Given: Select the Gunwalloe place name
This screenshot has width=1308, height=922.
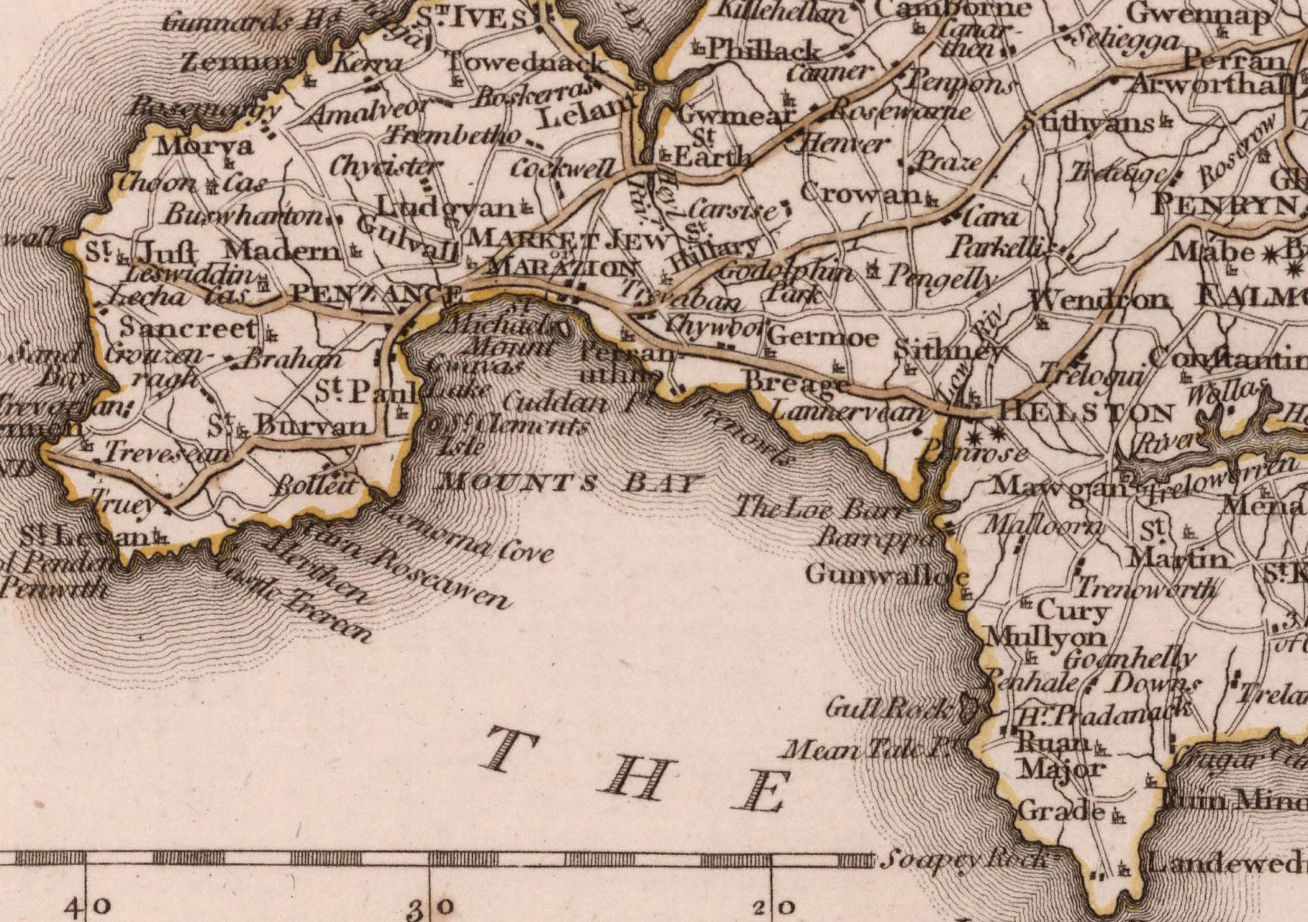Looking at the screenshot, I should pyautogui.click(x=886, y=576).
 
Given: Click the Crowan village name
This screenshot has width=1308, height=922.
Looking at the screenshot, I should pyautogui.click(x=861, y=194).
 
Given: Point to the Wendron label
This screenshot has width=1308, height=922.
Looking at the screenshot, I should pyautogui.click(x=1100, y=299).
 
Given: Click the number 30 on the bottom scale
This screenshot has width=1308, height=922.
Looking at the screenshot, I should pyautogui.click(x=430, y=906).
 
